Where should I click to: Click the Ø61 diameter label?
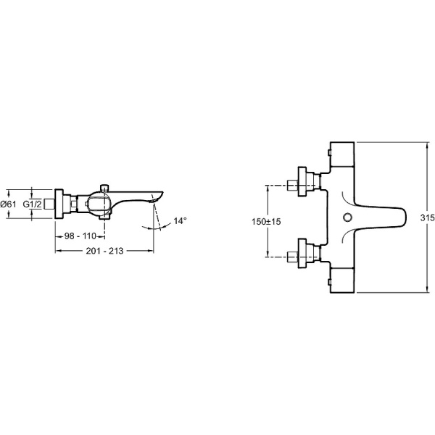tap(8, 204)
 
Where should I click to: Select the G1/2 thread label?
tap(32, 204)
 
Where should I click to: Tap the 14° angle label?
tap(180, 221)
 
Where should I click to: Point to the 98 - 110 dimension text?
tap(80, 236)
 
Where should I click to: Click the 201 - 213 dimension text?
tap(104, 251)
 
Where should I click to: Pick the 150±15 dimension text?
tap(266, 221)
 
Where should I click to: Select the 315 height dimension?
tap(427, 217)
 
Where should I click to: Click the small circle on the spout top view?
tap(347, 217)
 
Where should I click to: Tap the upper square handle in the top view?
tap(342, 154)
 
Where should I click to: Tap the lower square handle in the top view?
tap(342, 280)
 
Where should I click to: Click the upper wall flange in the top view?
tap(302, 182)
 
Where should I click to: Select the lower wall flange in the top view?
tap(302, 253)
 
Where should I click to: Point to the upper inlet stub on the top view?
tap(292, 185)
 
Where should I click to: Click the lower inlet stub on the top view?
tap(292, 257)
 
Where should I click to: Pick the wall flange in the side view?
tap(59, 204)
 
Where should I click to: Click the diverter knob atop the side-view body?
tap(104, 188)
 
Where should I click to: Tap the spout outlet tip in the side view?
tap(154, 199)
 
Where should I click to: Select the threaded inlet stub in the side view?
tap(49, 204)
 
